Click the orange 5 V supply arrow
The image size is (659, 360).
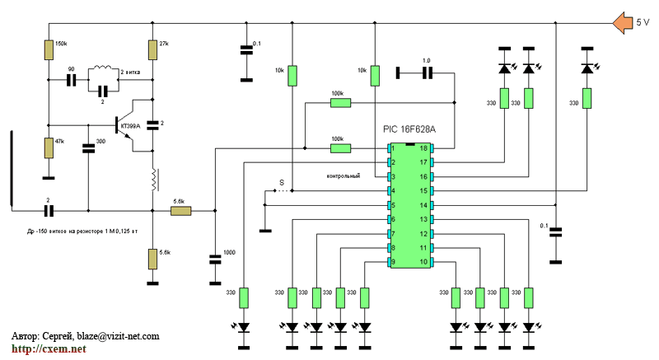pyautogui.click(x=621, y=22)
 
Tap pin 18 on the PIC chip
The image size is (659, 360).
pyautogui.click(x=424, y=148)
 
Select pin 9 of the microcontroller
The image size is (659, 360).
pyautogui.click(x=393, y=263)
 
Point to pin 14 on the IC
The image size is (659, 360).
pyautogui.click(x=424, y=205)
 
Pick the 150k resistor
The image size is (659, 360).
pyautogui.click(x=49, y=49)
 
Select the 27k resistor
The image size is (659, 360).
pyautogui.click(x=152, y=49)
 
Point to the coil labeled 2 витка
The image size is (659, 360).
pyautogui.click(x=105, y=68)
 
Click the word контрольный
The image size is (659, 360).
pyautogui.click(x=344, y=176)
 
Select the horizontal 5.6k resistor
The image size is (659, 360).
pyautogui.click(x=180, y=212)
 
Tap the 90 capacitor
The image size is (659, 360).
pyautogui.click(x=71, y=80)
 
